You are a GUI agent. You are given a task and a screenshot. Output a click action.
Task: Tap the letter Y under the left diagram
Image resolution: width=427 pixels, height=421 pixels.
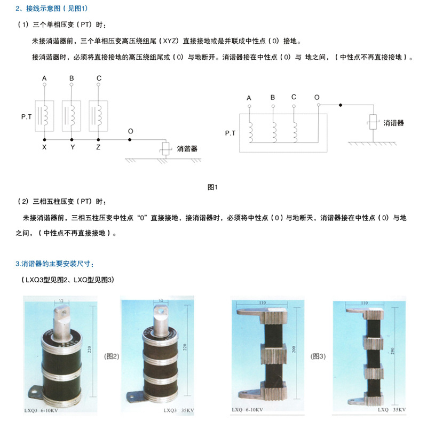click(x=73, y=146)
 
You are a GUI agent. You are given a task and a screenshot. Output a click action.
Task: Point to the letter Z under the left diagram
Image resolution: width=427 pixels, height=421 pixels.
click(x=98, y=146)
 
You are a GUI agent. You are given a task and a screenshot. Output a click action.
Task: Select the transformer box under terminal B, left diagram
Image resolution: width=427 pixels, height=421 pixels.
click(x=72, y=115)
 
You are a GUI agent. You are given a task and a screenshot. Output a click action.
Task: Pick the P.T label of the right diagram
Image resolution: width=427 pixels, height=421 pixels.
click(x=230, y=133)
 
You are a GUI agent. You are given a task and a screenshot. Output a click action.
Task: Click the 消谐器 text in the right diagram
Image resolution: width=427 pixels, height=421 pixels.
click(x=393, y=123)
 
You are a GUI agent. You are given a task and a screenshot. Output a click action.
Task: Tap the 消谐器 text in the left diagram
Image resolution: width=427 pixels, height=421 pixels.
click(x=187, y=149)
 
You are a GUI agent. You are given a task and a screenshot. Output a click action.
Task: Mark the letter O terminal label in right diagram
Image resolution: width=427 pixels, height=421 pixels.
click(x=317, y=98)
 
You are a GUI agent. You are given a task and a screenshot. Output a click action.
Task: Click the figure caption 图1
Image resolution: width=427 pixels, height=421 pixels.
click(x=213, y=187)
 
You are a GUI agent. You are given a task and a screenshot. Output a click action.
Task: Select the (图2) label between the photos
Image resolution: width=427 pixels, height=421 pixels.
click(x=112, y=356)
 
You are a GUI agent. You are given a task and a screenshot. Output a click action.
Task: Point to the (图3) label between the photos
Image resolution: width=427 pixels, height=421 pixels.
click(x=318, y=356)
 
